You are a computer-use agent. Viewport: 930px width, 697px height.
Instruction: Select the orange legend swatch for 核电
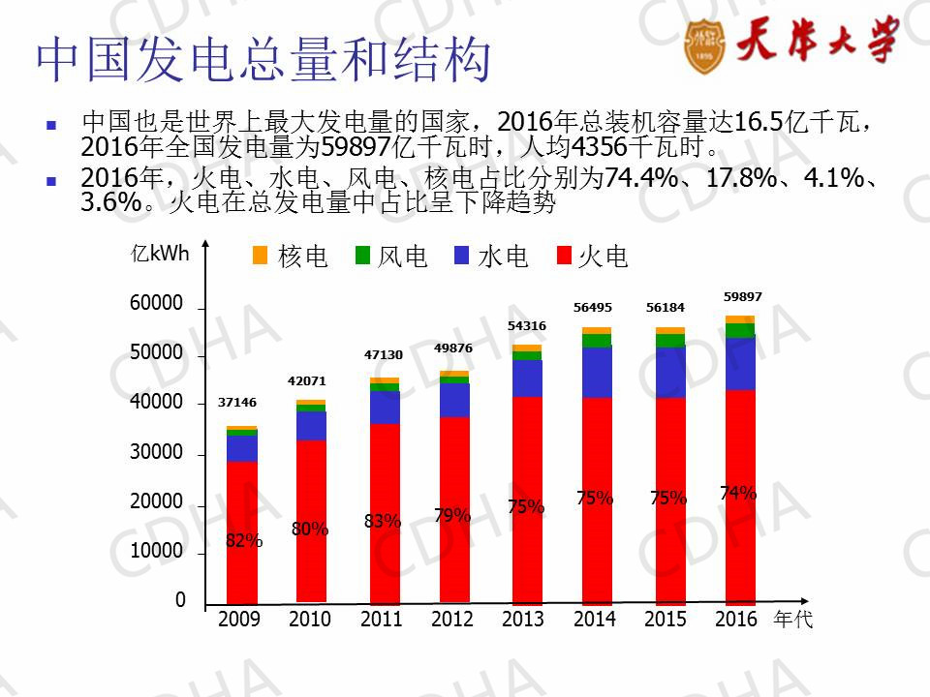260,255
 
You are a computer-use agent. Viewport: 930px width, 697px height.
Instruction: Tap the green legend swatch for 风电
363,255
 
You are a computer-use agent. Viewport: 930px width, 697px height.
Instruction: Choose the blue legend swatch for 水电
462,255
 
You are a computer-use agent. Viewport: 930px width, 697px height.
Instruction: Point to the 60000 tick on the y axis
156,304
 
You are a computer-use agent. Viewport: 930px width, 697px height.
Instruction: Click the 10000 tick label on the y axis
156,551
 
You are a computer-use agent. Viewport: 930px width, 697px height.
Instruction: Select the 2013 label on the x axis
523,620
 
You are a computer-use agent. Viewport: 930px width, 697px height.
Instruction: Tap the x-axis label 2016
736,620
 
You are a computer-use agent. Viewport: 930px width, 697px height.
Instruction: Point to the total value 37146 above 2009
237,402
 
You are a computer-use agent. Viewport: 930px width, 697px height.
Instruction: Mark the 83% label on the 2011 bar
383,521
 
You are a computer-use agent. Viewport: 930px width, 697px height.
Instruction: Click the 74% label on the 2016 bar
738,493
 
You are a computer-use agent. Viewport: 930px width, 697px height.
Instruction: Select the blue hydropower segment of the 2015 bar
670,373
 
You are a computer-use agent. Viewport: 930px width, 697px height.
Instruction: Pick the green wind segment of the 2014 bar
597,340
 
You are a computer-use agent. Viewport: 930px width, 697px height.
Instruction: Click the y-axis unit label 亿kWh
161,254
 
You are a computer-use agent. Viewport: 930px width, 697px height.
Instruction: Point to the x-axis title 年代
793,621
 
